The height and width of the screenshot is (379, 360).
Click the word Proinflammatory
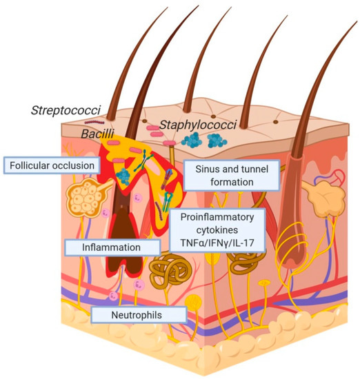pyautogui.click(x=217, y=218)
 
